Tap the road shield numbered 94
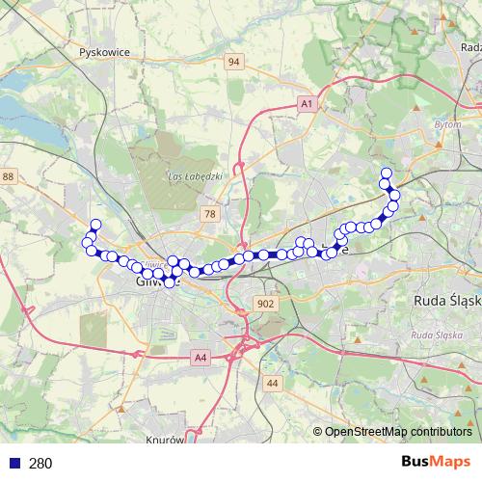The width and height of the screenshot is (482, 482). [233, 62]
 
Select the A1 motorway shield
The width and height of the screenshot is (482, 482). [307, 102]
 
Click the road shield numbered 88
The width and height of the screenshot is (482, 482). [9, 176]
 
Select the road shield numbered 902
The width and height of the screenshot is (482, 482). [267, 304]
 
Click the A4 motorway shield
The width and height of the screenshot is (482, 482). [200, 359]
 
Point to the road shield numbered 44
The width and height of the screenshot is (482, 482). [272, 384]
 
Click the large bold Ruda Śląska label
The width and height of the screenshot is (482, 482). [446, 300]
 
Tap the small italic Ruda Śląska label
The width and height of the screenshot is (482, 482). [437, 335]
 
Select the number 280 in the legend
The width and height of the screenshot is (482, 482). [40, 464]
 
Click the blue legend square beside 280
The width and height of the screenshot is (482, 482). [14, 464]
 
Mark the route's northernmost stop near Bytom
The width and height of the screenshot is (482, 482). [386, 174]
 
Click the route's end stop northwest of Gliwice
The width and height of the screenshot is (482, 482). [95, 225]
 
